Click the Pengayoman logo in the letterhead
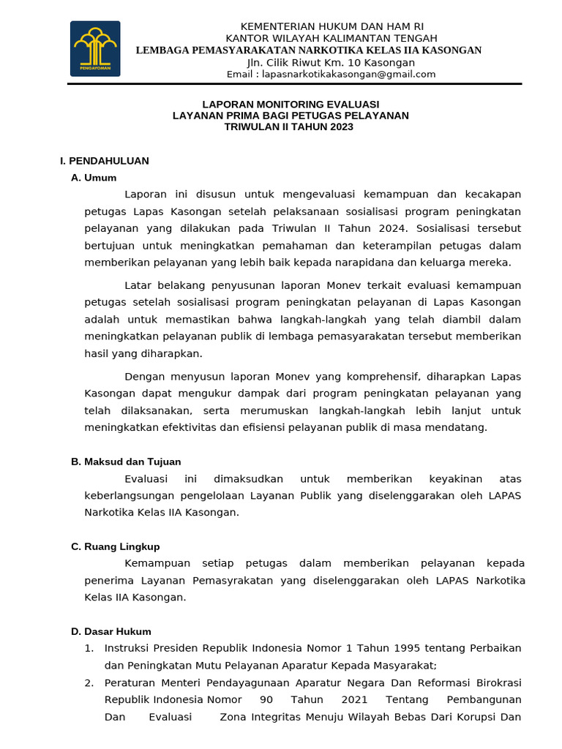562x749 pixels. tap(95, 49)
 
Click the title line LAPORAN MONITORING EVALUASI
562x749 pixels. tap(291, 105)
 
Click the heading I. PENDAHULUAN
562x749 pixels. tap(105, 161)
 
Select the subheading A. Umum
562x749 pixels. tap(94, 178)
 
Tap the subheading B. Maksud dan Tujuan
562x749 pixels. tap(126, 462)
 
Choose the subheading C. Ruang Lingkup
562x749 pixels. tap(115, 546)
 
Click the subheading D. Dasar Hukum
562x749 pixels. tap(111, 631)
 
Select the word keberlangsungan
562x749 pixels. tap(130, 496)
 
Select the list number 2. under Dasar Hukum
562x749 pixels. tap(89, 682)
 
